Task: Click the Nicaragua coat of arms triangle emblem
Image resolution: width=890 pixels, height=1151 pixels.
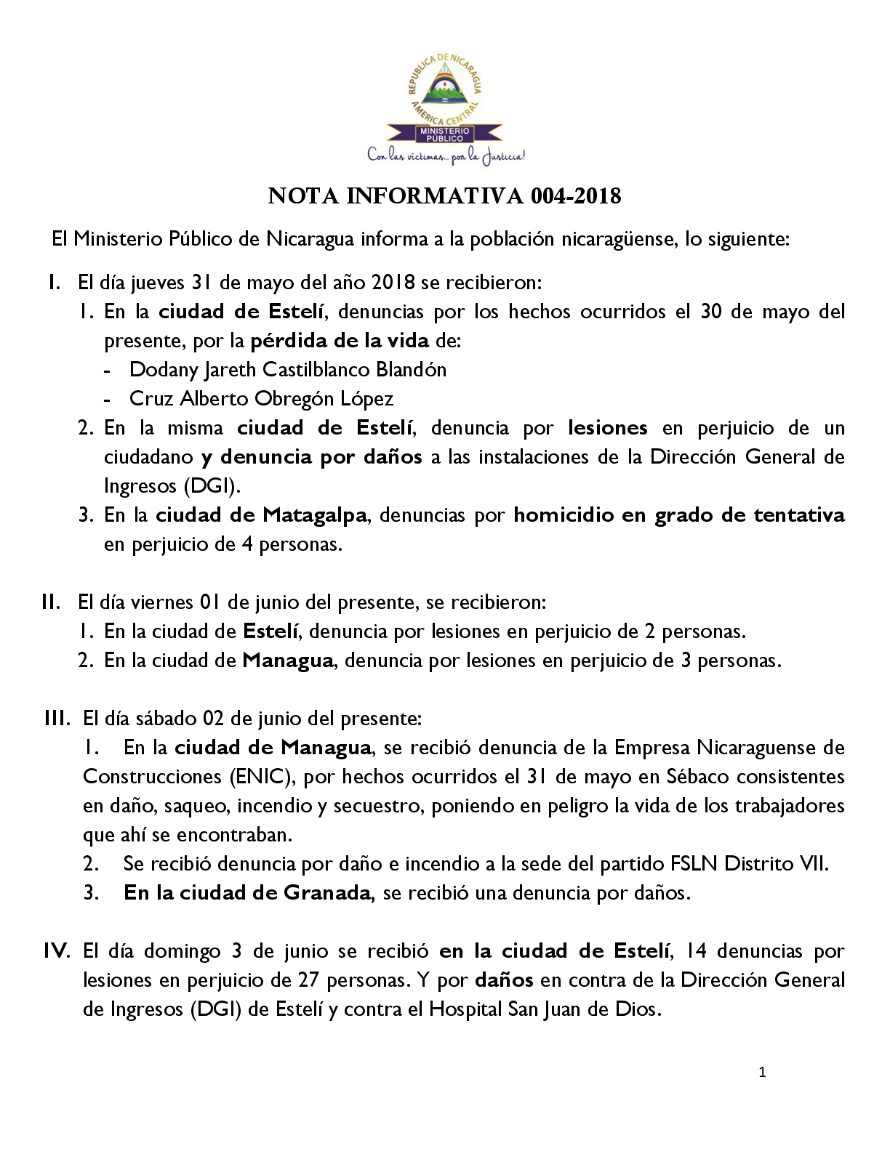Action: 445,86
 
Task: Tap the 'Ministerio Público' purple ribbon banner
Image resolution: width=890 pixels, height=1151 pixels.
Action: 444,133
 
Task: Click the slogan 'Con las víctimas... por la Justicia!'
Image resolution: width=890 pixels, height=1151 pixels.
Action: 446,155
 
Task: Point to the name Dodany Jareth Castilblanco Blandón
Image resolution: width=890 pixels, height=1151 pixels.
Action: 288,369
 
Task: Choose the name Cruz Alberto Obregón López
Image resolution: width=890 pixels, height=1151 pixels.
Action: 262,398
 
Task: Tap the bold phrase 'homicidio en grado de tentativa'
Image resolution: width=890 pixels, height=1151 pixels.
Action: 679,515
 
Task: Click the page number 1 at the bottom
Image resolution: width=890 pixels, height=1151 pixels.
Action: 762,1072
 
